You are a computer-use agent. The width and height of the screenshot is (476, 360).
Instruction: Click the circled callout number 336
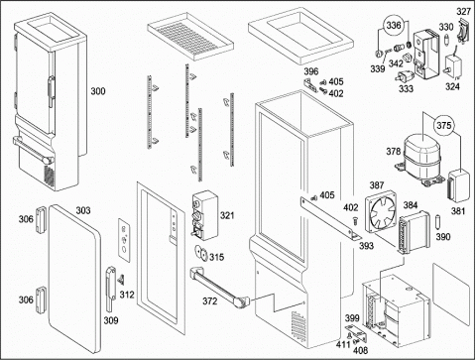394,25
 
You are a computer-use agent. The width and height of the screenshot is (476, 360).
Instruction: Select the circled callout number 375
443,125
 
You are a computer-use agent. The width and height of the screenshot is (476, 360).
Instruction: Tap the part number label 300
98,91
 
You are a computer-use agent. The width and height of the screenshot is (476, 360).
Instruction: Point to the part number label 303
83,210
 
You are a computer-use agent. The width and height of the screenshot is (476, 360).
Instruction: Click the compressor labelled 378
419,158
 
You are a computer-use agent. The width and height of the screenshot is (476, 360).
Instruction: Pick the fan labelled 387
381,210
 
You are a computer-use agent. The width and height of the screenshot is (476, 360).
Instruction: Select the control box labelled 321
205,215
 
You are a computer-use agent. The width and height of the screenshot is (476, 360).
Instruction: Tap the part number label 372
210,301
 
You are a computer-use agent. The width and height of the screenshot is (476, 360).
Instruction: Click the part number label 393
366,246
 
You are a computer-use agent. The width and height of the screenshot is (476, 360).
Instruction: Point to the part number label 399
352,318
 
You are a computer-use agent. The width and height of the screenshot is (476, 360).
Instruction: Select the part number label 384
411,205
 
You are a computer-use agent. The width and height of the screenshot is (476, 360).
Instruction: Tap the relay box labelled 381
458,185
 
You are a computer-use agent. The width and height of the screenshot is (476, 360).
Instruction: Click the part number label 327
463,12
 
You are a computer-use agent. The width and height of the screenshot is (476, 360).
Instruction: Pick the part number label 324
452,86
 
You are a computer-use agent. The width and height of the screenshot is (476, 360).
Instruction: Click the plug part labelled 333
403,76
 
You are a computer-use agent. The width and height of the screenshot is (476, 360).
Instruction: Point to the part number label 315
216,257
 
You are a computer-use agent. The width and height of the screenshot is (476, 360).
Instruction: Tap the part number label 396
311,71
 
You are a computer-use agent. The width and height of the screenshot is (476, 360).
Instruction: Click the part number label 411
343,345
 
